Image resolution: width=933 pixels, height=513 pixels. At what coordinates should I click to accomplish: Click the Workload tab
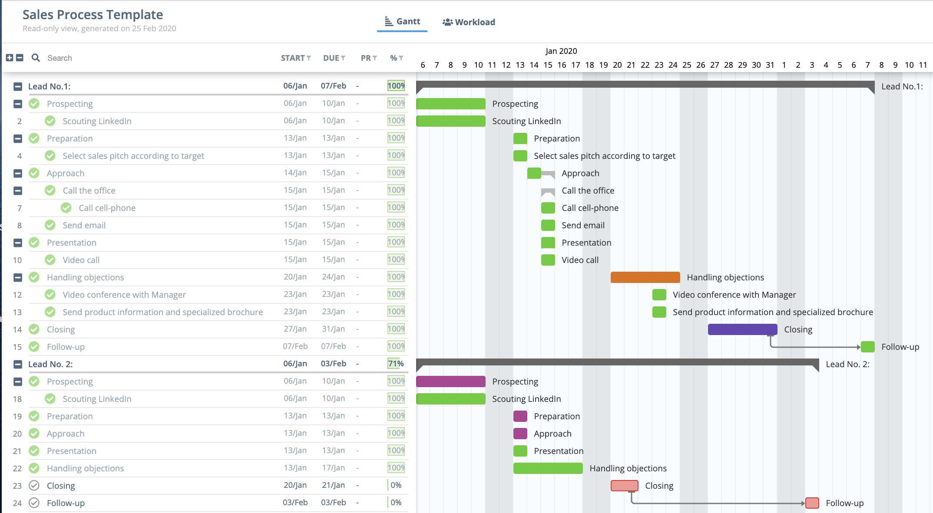(x=469, y=22)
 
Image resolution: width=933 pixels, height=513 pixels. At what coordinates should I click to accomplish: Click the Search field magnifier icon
(x=36, y=58)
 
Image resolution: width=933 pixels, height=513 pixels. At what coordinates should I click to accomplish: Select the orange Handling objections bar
(x=645, y=277)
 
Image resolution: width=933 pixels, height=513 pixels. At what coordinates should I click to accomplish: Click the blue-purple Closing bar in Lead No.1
(x=742, y=329)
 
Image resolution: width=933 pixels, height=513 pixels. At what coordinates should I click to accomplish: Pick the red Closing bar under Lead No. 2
(x=624, y=486)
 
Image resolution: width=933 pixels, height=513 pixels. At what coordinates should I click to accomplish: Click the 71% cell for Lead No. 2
(x=396, y=364)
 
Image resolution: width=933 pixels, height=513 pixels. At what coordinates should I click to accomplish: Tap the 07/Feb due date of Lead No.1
(x=333, y=86)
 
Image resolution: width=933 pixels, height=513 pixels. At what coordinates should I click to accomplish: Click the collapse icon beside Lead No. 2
(x=18, y=364)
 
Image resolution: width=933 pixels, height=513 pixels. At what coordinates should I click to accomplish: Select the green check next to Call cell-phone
(x=66, y=208)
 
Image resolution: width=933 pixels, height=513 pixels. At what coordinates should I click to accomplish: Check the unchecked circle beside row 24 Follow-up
(x=34, y=503)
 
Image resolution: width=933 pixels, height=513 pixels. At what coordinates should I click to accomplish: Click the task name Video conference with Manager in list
(x=124, y=295)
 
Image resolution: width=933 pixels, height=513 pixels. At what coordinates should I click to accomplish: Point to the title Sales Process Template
(x=93, y=15)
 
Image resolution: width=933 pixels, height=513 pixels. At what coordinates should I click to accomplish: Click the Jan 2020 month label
(x=561, y=51)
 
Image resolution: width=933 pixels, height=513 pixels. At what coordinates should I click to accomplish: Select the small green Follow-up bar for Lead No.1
(x=867, y=347)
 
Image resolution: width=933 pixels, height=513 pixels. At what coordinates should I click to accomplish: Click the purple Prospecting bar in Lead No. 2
(x=450, y=381)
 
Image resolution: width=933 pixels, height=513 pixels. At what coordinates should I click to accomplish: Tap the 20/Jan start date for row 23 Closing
(x=295, y=485)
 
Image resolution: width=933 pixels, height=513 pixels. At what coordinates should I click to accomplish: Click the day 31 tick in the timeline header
(x=770, y=65)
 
